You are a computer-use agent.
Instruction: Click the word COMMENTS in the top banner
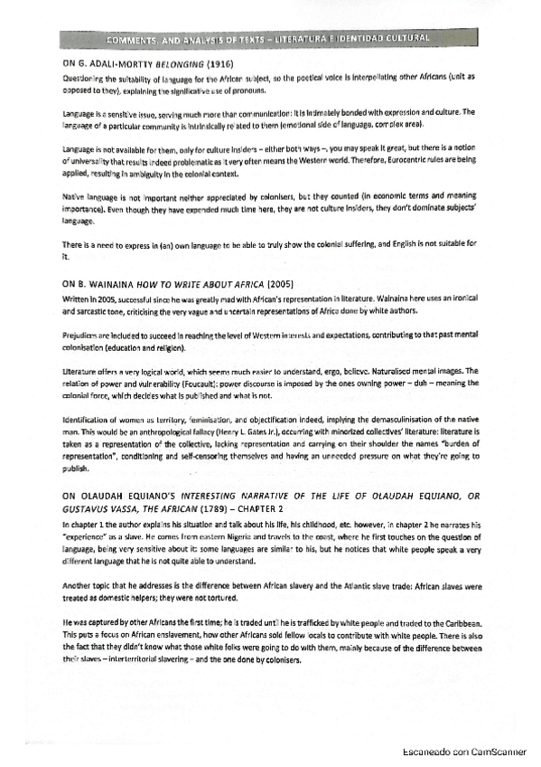(135, 40)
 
